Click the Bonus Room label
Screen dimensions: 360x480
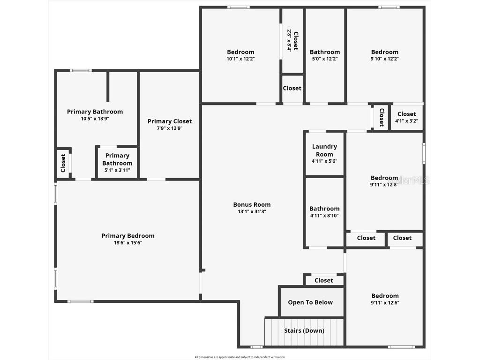click(252, 204)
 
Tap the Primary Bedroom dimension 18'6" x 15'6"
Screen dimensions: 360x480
click(128, 243)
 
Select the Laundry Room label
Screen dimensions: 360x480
click(324, 150)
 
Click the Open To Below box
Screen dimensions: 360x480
click(310, 302)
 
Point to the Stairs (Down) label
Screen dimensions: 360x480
click(304, 330)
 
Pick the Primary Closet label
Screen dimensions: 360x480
click(170, 121)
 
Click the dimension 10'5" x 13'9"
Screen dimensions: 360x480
click(95, 119)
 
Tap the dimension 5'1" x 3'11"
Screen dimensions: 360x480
click(117, 170)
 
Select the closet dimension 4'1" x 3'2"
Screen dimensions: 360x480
click(406, 120)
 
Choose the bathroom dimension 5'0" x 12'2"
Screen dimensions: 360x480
click(324, 59)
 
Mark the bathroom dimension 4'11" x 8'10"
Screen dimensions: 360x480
click(324, 216)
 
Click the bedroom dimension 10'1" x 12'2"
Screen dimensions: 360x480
click(240, 59)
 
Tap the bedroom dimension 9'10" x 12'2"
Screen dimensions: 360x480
click(384, 59)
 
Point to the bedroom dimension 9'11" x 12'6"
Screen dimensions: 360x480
click(385, 303)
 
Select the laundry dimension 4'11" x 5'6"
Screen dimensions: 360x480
click(324, 161)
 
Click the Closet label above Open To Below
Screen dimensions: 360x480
click(323, 280)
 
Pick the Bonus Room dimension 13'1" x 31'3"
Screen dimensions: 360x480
click(252, 211)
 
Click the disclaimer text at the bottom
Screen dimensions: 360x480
click(240, 357)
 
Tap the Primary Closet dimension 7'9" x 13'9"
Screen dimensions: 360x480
click(170, 128)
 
